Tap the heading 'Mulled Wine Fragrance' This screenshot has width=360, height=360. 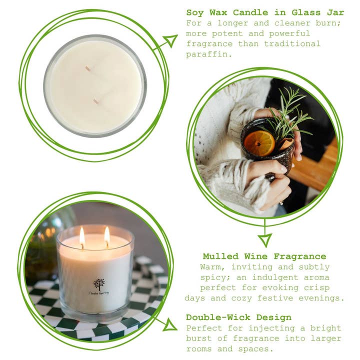pos(264,256)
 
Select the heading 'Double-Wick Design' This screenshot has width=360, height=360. pos(238,317)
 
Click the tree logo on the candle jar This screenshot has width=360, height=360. pos(99,283)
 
